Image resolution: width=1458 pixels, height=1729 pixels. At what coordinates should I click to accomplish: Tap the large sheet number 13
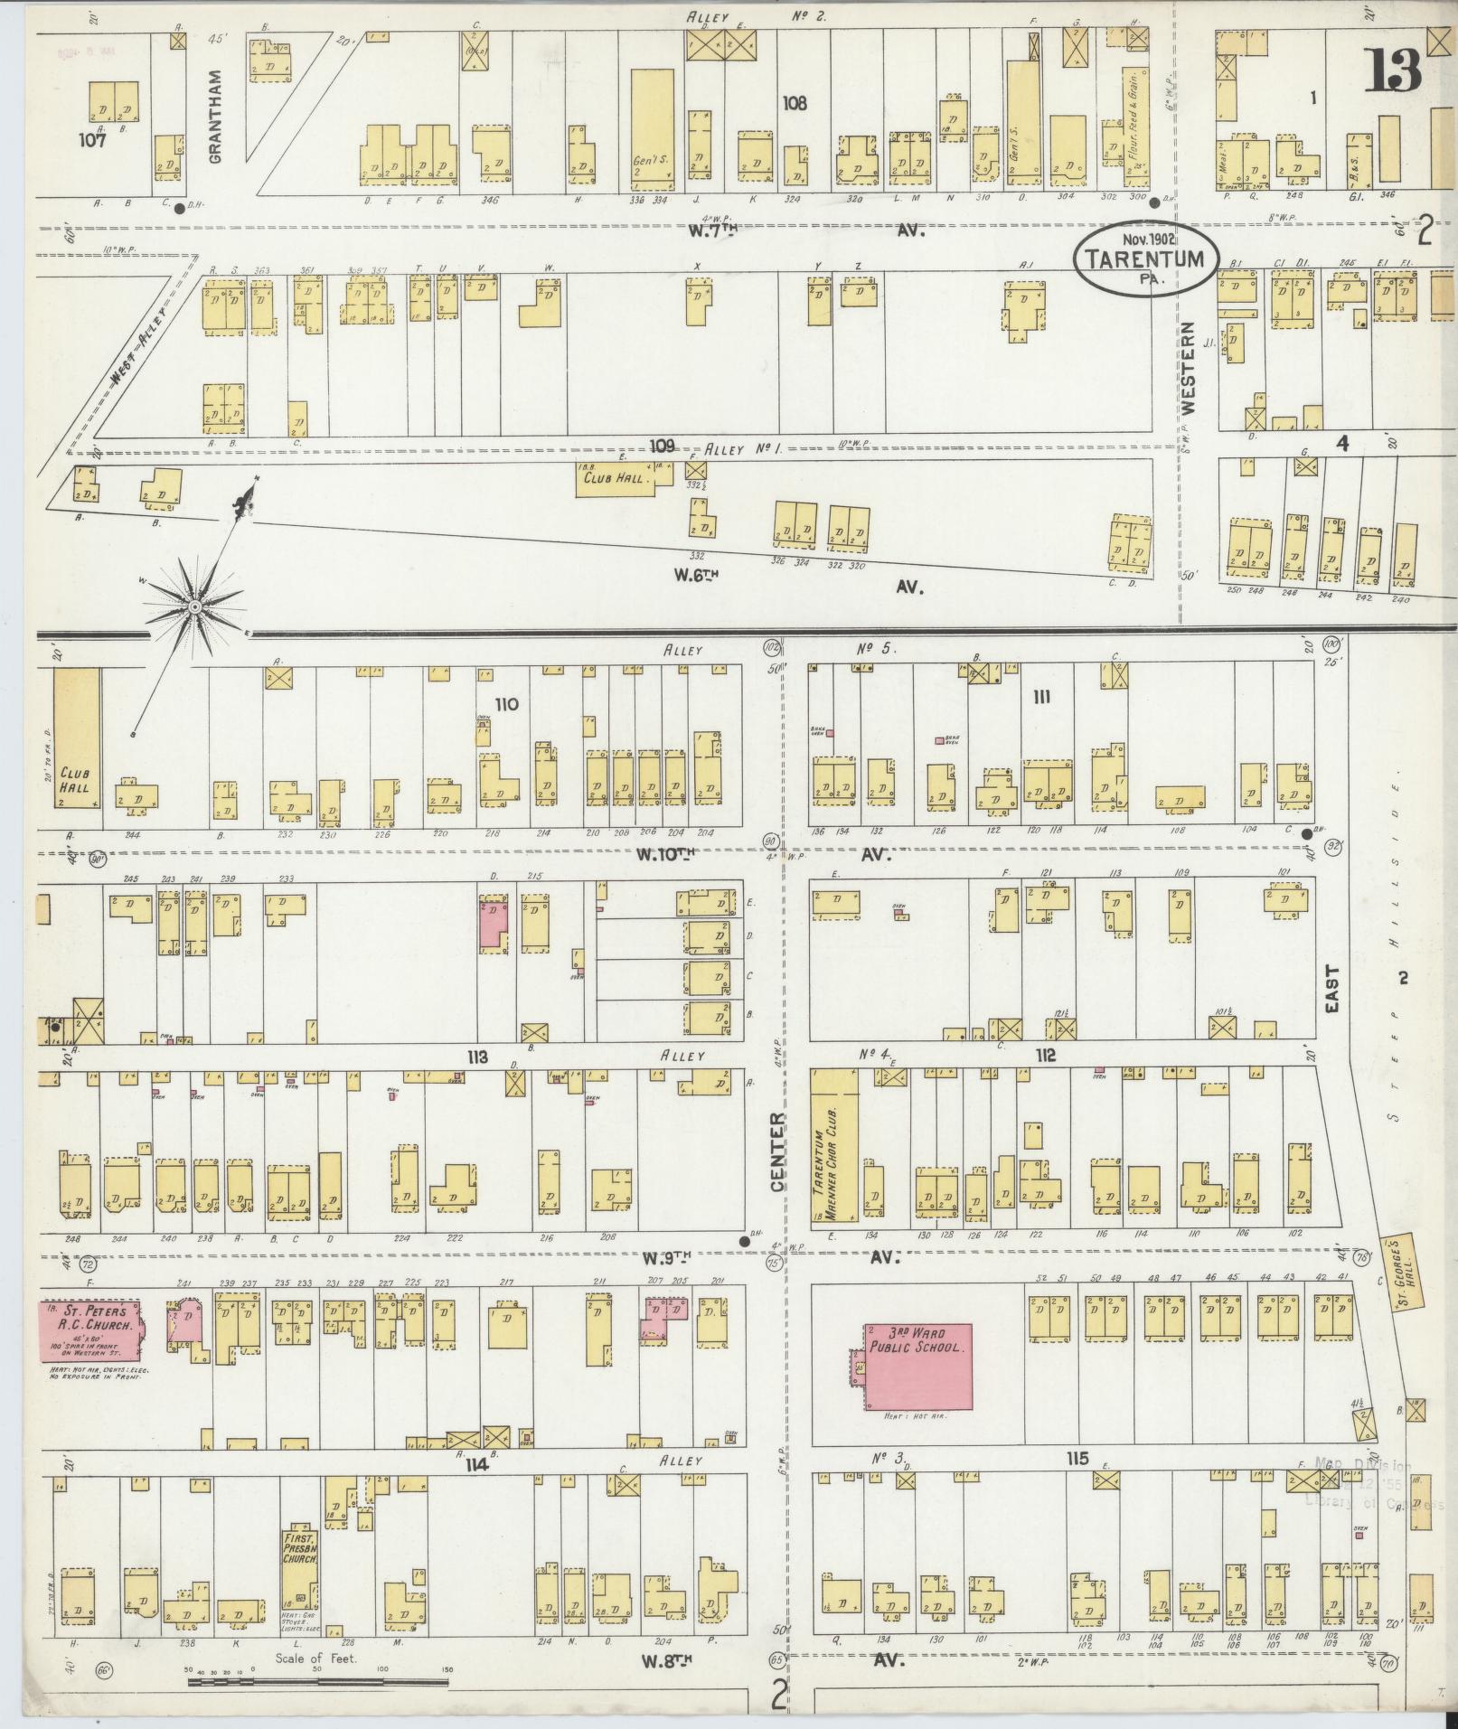tap(1393, 71)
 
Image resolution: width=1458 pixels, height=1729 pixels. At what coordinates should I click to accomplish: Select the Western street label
tap(1189, 367)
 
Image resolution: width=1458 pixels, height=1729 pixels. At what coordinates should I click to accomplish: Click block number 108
tap(795, 104)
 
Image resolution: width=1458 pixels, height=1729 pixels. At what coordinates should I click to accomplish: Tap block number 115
tap(1077, 1459)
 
